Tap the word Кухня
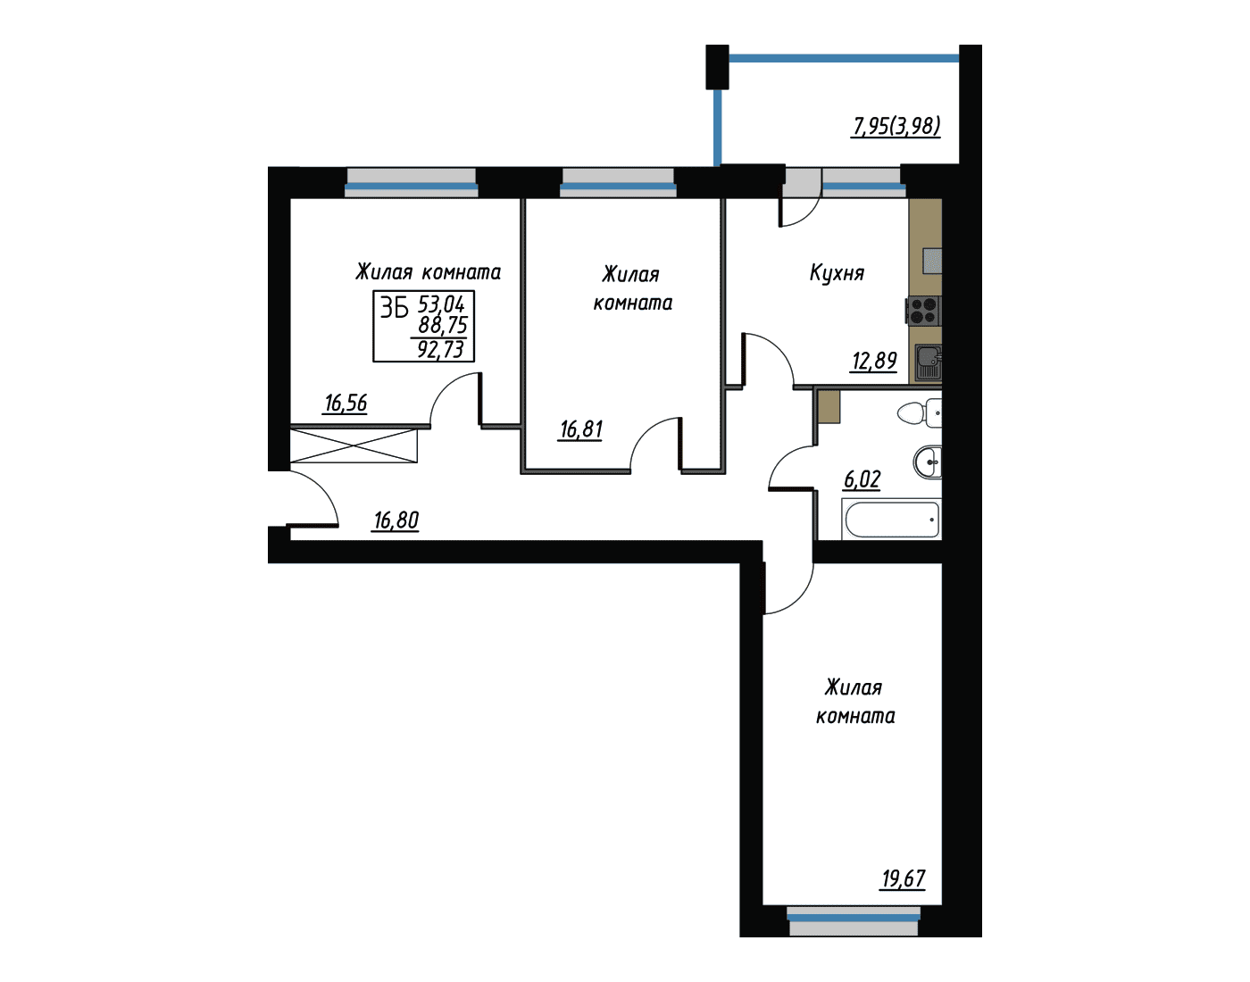(x=837, y=273)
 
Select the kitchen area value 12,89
(x=874, y=361)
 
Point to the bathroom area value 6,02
(x=862, y=479)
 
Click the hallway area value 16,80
(x=396, y=520)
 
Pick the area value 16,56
(x=346, y=404)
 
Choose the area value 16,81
(x=580, y=429)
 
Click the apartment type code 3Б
(x=394, y=309)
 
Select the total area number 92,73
(x=440, y=350)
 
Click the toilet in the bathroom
(x=920, y=412)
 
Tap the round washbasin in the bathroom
(x=928, y=462)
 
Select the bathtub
(x=892, y=520)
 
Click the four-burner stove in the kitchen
(x=923, y=311)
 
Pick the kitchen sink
(x=929, y=362)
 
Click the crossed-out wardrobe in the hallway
(x=354, y=446)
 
